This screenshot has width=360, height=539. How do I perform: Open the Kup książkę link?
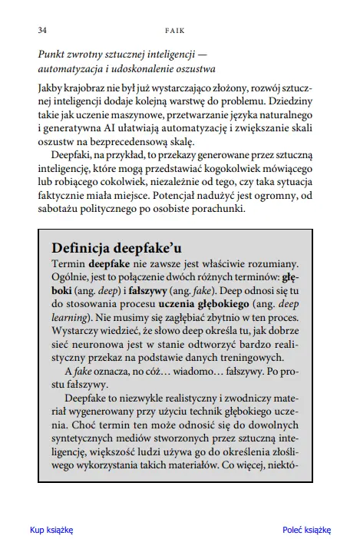click(x=51, y=530)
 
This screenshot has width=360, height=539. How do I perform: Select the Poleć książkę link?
click(x=306, y=530)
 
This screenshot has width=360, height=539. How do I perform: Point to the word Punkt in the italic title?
click(x=52, y=55)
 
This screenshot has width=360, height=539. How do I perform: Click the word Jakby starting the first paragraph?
click(x=52, y=88)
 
